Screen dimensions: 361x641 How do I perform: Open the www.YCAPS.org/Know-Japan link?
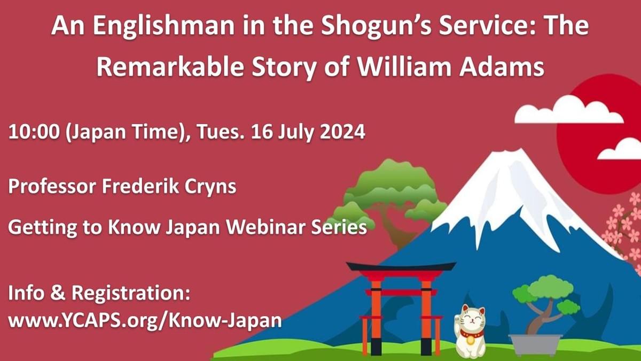[145, 321]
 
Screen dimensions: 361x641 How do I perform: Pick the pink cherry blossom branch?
[625, 225]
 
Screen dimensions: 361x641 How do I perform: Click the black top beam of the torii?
[401, 266]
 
